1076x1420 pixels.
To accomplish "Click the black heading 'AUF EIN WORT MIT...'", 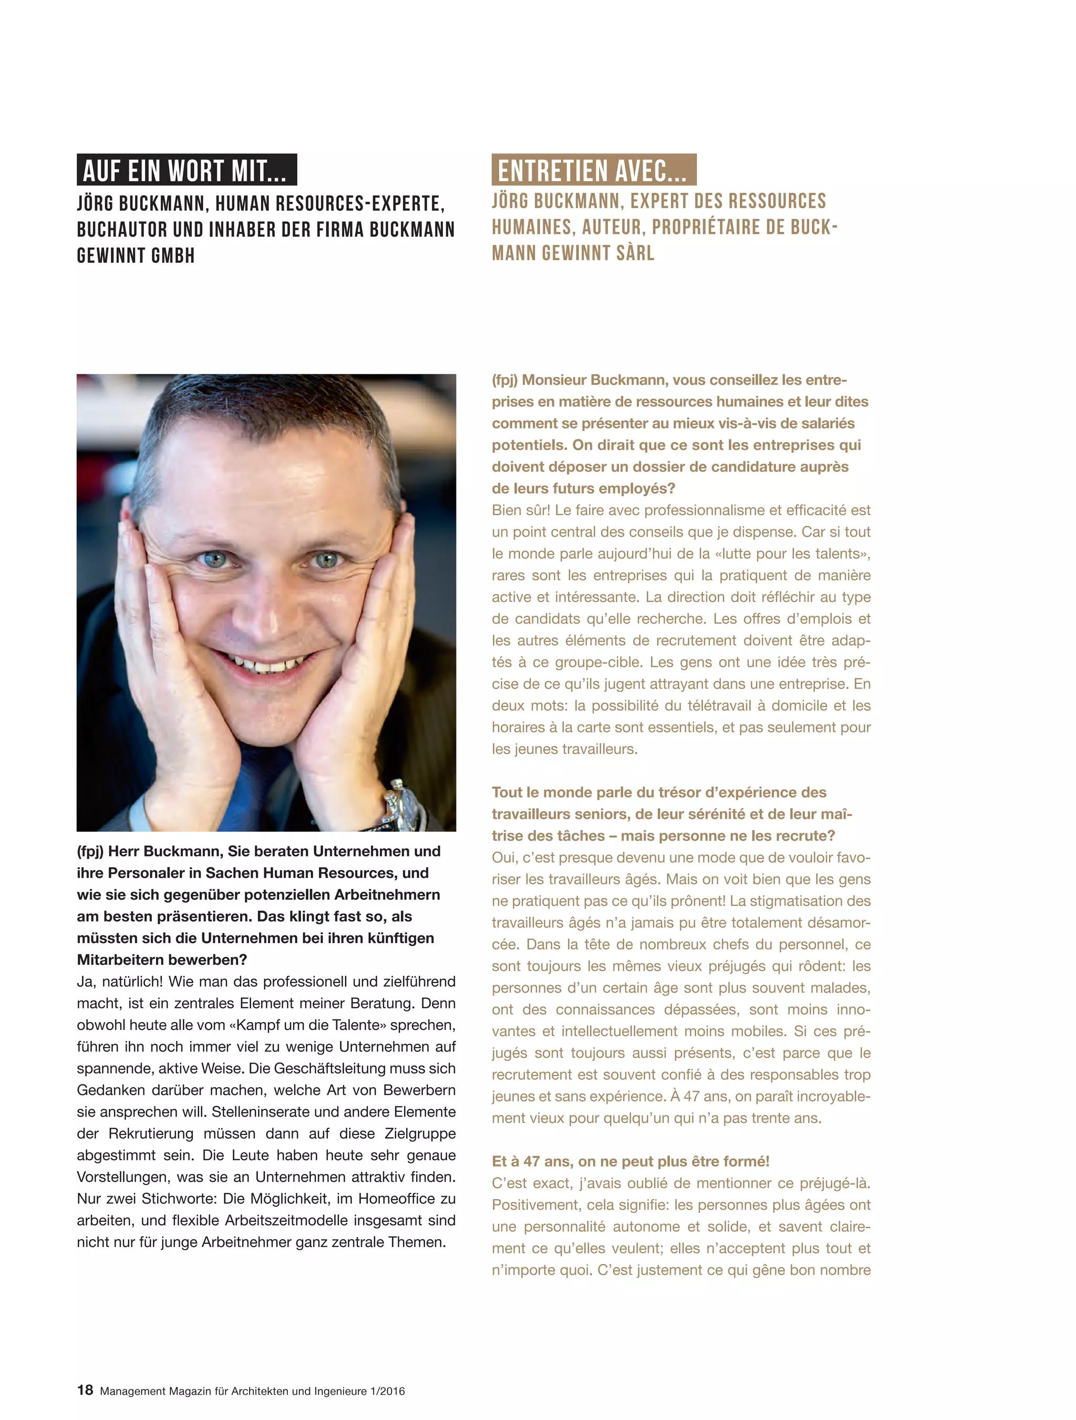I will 186,171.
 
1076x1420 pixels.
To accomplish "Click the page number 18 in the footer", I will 85,1390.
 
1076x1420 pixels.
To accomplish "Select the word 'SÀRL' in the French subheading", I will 635,253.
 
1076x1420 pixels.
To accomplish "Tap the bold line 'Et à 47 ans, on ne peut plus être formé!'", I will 630,1161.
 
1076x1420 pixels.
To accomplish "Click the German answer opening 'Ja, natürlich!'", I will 119,982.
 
